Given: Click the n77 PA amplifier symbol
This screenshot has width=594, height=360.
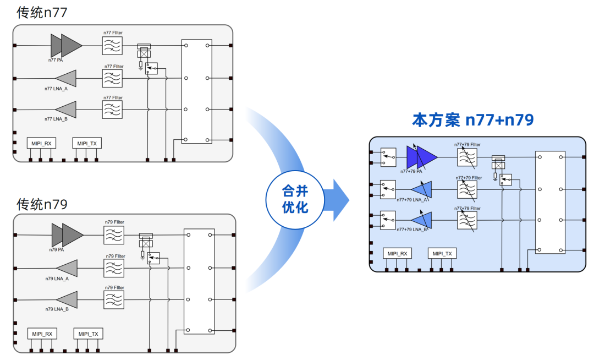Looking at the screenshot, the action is point(67,46).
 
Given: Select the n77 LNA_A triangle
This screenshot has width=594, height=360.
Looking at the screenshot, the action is point(66,79).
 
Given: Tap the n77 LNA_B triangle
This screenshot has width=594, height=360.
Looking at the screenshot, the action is point(66,110).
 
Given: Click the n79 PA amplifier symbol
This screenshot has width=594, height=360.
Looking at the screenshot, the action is point(68,235).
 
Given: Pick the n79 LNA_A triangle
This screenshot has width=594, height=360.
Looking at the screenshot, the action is point(67,268).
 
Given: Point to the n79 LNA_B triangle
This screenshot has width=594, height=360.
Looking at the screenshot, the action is point(67,300).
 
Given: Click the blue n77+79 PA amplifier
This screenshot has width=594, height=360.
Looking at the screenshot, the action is point(422,157).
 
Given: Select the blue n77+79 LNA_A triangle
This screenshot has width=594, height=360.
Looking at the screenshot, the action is point(422,189).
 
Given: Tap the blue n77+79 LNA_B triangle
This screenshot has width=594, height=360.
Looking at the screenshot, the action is point(422,220).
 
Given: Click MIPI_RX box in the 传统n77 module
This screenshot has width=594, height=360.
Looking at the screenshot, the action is point(41,143).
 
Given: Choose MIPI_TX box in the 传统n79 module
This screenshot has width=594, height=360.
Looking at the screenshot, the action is point(88,334).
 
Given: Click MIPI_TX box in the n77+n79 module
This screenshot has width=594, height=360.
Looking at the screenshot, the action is point(442,254).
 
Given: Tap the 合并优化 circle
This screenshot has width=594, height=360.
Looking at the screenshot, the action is point(295,200).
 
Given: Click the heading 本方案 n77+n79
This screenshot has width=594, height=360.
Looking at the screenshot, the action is point(473,120).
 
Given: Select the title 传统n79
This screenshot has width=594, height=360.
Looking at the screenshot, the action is point(42,204).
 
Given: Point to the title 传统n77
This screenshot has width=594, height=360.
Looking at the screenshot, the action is point(42,13).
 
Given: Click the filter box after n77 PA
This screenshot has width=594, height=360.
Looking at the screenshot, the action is point(112,46).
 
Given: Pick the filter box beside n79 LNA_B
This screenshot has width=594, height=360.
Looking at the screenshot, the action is point(114,300).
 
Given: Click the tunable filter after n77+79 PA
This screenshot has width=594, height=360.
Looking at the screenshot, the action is point(467,157).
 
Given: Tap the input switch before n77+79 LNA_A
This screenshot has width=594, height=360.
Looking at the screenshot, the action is point(388,190).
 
